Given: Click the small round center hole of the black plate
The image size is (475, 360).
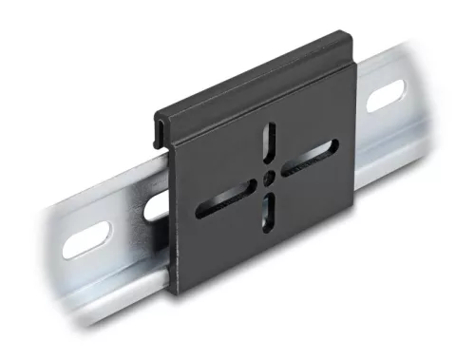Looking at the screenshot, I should coord(270,178).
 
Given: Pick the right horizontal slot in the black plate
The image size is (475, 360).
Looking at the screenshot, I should coord(312,156).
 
